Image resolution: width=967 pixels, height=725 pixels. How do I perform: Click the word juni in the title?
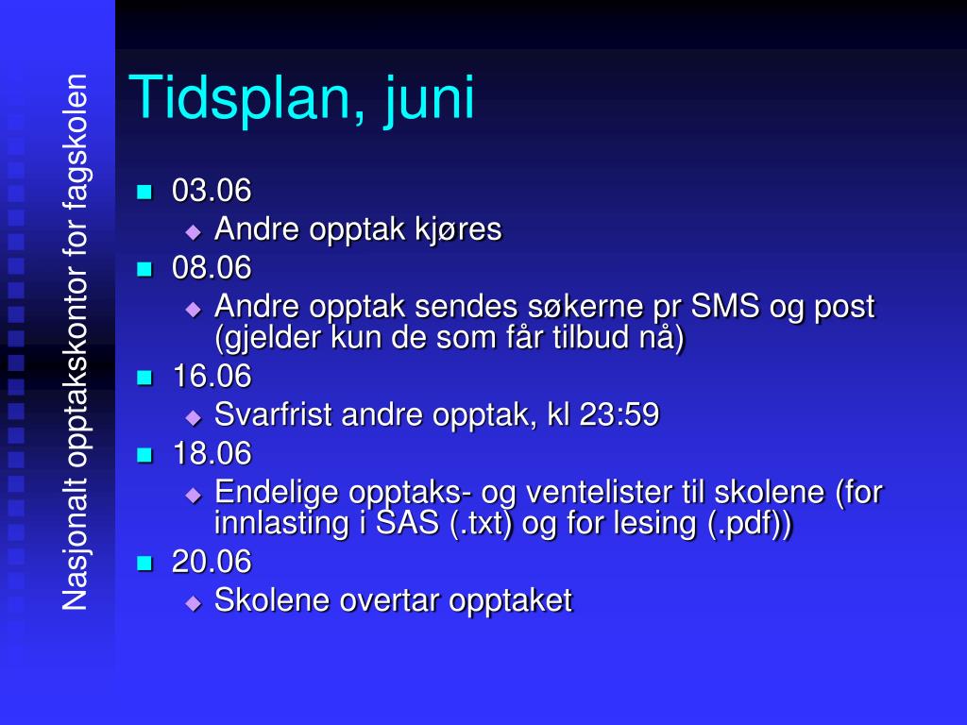pyautogui.click(x=429, y=98)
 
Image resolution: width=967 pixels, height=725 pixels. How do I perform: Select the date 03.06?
pyautogui.click(x=212, y=191)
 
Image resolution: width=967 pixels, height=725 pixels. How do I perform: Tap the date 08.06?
pyautogui.click(x=212, y=268)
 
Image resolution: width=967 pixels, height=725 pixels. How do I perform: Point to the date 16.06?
pyautogui.click(x=212, y=377)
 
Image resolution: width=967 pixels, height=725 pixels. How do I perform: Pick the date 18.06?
pyautogui.click(x=212, y=454)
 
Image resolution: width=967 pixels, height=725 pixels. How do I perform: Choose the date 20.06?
pyautogui.click(x=212, y=562)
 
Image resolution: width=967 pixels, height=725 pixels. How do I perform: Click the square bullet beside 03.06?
pyautogui.click(x=144, y=192)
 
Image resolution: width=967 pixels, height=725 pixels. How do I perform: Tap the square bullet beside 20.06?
pyautogui.click(x=144, y=564)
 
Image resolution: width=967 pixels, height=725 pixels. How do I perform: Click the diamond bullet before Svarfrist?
pyautogui.click(x=194, y=416)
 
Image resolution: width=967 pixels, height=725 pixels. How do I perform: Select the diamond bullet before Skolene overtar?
pyautogui.click(x=194, y=602)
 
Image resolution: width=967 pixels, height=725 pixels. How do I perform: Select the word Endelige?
pyautogui.click(x=277, y=492)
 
